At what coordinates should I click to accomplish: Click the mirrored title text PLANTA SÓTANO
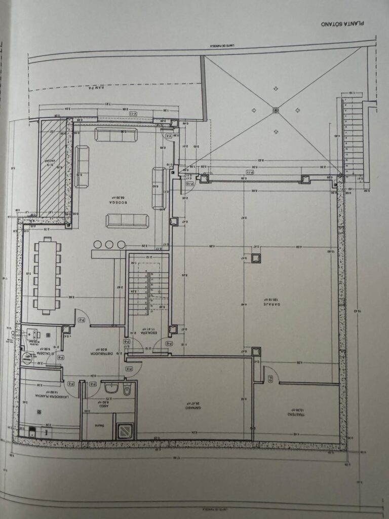pos(343,23)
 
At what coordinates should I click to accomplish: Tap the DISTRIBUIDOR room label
pos(101,352)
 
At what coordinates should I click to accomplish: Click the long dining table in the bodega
pos(47,275)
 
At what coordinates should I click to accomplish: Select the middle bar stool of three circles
pos(110,245)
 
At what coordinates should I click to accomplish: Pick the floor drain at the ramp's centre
pos(276,109)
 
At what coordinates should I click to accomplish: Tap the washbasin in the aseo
pos(111,389)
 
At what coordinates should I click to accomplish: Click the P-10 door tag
pos(189,183)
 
